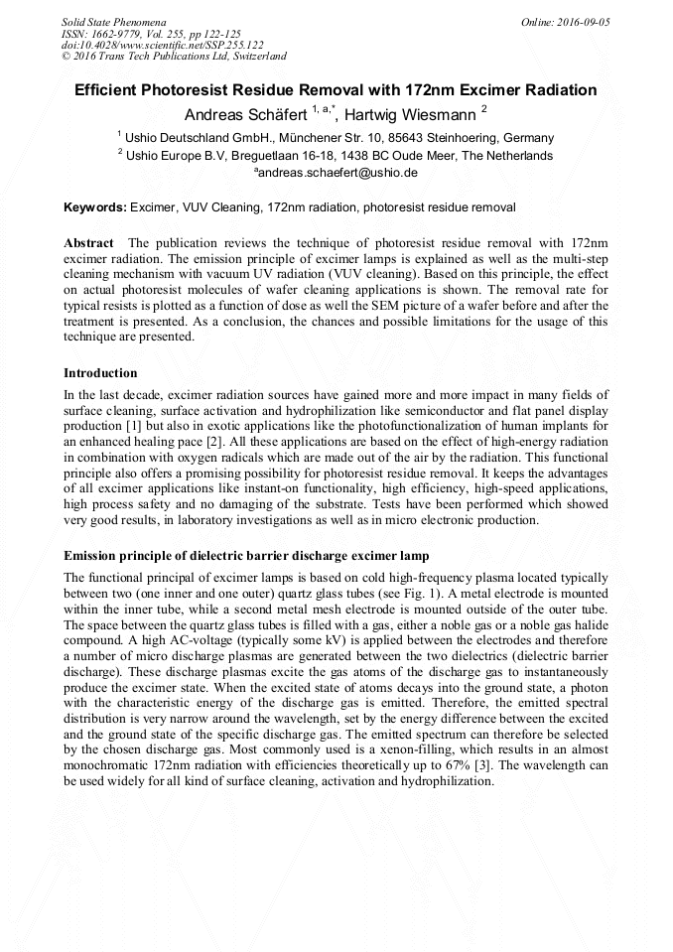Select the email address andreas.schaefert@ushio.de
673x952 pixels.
[x=337, y=173]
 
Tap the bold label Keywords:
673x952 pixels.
[x=95, y=207]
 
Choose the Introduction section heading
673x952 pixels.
[x=100, y=373]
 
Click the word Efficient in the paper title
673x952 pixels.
[x=114, y=90]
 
